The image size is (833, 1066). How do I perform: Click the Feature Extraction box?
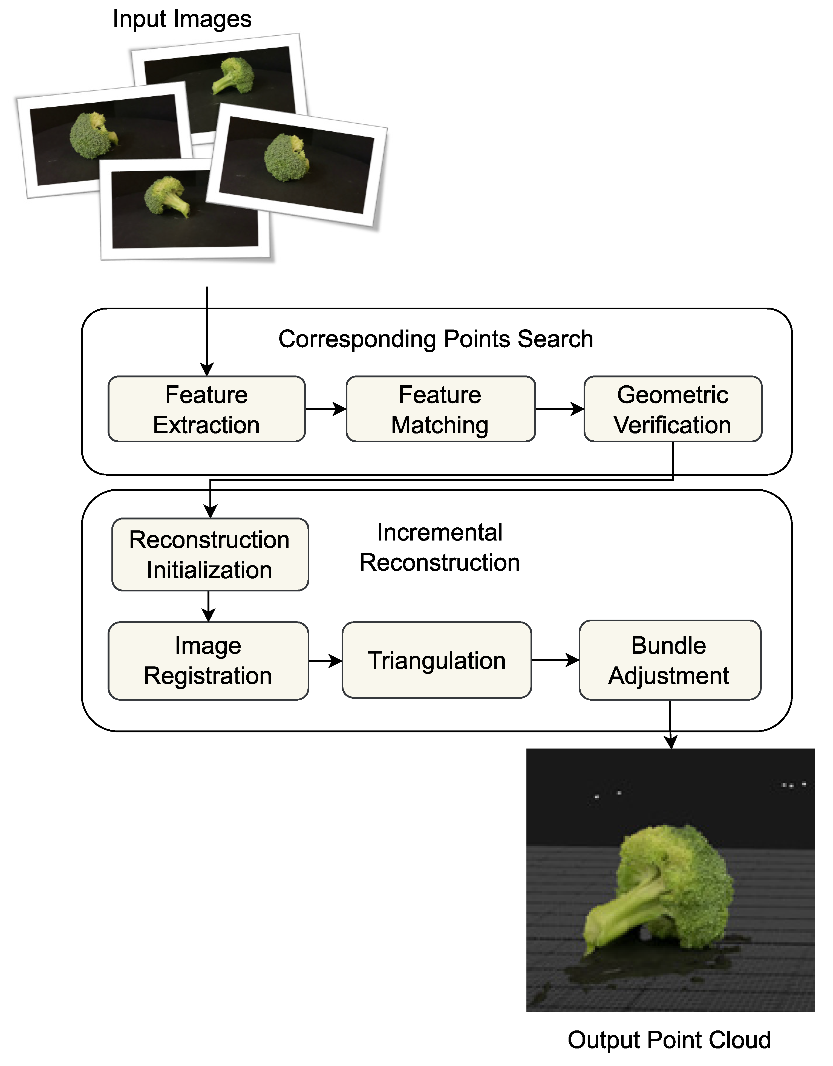point(207,409)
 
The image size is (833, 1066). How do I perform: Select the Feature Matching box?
point(440,409)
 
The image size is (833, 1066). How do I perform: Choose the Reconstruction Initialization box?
point(210,554)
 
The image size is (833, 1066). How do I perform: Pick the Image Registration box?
point(208,660)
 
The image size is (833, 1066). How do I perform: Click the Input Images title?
point(182,19)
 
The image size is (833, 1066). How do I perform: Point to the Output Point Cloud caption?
point(669,1040)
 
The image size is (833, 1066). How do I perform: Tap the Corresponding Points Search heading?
point(436,339)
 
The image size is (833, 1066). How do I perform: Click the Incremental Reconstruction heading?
point(439,547)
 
